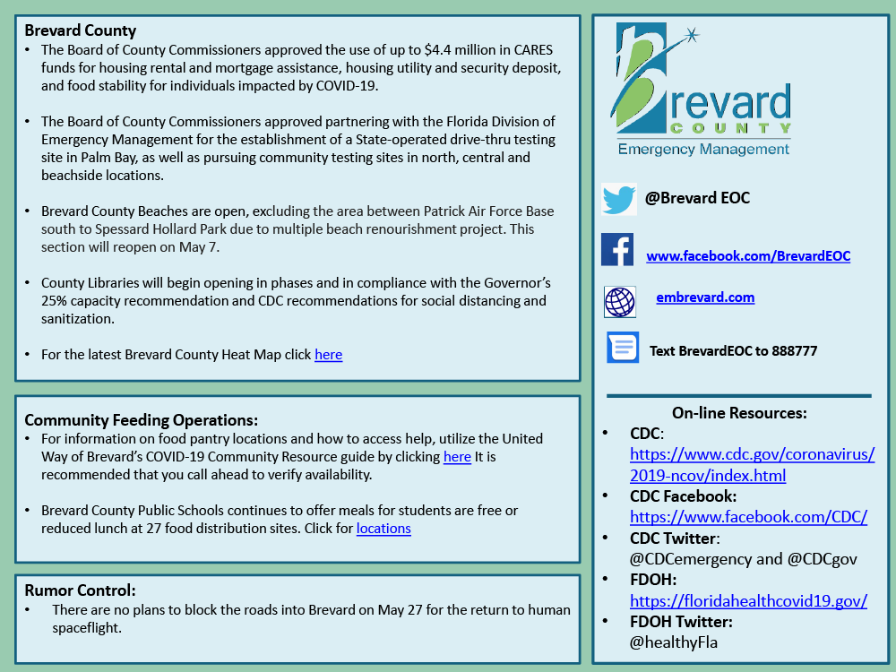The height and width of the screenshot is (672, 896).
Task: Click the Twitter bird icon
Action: [x=619, y=199]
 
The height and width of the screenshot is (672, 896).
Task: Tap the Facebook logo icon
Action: [x=617, y=250]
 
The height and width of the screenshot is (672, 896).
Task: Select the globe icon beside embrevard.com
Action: [x=619, y=302]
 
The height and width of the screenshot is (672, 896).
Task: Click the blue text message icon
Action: [x=623, y=347]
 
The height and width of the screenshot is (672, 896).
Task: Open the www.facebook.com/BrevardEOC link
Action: [x=748, y=256]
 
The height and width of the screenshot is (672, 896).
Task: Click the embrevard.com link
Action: [x=705, y=297]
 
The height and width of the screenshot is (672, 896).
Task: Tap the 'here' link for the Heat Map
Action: [x=328, y=355]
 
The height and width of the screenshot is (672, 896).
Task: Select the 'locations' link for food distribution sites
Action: [x=383, y=529]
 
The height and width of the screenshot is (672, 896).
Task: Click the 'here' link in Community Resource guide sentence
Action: [x=457, y=457]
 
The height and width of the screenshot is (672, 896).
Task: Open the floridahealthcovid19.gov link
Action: [x=748, y=601]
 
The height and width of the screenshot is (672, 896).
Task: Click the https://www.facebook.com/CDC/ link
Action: [x=748, y=517]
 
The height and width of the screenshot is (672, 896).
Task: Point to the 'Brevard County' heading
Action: [x=81, y=30]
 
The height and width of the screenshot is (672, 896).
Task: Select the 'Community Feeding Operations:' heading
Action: [x=141, y=419]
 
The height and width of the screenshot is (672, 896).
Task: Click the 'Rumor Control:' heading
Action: [x=80, y=590]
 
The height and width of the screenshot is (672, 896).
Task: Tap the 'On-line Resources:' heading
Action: [x=739, y=413]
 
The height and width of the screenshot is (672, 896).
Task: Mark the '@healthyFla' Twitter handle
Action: [x=674, y=642]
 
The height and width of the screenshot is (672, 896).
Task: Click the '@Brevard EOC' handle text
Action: [x=697, y=198]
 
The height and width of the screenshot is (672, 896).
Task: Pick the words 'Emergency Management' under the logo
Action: [x=704, y=149]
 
